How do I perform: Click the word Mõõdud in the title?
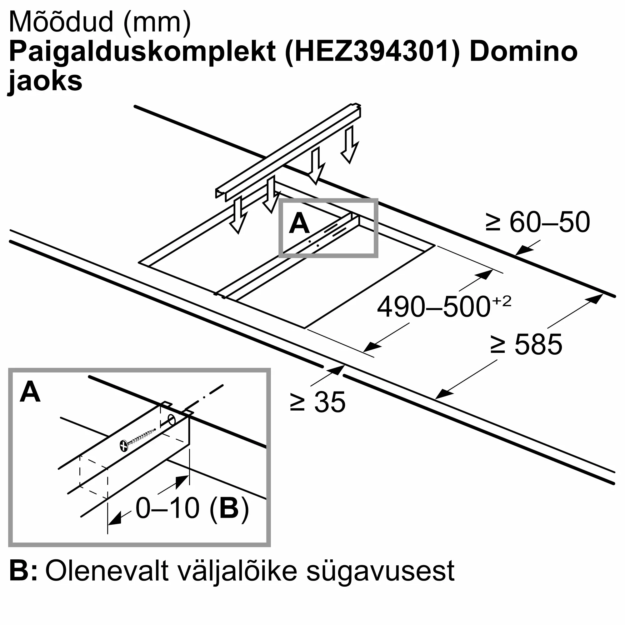pyautogui.click(x=62, y=22)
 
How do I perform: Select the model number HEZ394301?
pyautogui.click(x=372, y=52)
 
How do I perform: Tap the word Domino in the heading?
pyautogui.click(x=523, y=52)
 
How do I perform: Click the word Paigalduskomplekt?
pyautogui.click(x=142, y=52)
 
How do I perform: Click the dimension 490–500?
pyautogui.click(x=433, y=307)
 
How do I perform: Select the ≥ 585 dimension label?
pyautogui.click(x=526, y=344)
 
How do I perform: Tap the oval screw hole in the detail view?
pyautogui.click(x=172, y=421)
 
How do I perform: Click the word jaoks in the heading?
pyautogui.click(x=45, y=81)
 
